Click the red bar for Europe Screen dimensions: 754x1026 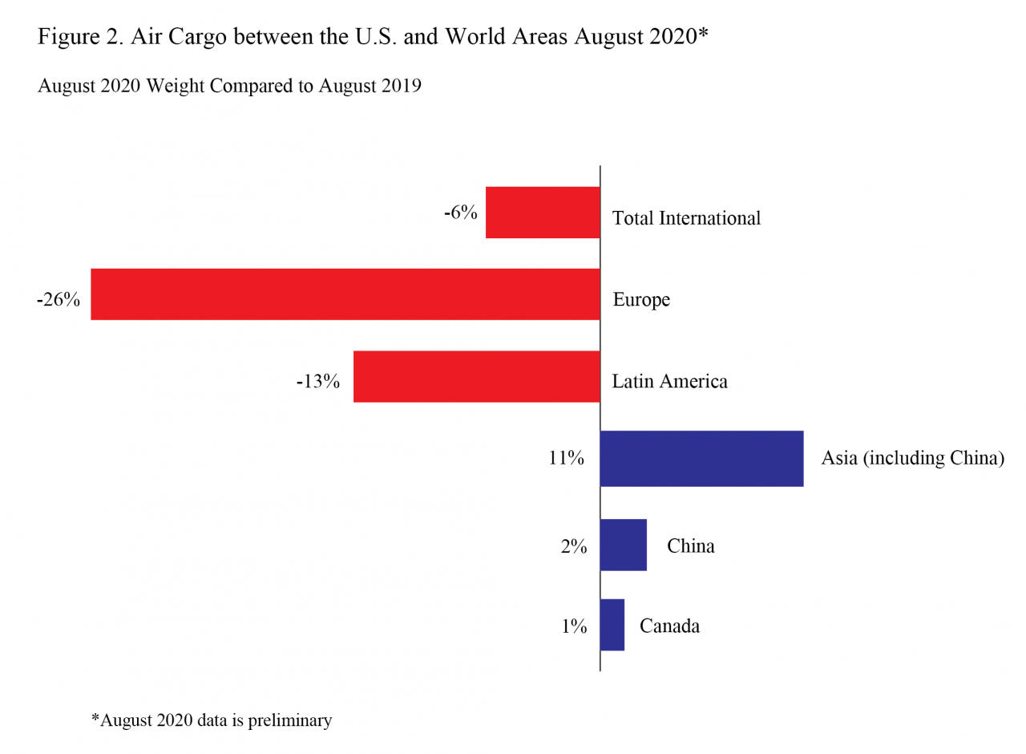(345, 294)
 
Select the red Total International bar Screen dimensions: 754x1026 (543, 213)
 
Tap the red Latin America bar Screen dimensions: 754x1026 (476, 376)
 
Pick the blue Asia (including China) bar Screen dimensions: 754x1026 (701, 458)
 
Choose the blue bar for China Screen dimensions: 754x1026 (623, 545)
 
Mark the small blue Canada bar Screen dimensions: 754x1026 (612, 624)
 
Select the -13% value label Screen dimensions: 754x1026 (318, 381)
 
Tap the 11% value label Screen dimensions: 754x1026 (566, 460)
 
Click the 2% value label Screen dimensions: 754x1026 (574, 547)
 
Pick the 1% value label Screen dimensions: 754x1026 (574, 626)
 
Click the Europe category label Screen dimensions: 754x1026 (641, 300)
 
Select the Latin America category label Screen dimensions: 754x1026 (670, 381)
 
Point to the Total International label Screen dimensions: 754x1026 (686, 217)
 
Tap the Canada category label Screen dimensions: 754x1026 (669, 626)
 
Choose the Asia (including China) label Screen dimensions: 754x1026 (912, 460)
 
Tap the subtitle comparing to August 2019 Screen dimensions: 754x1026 (229, 87)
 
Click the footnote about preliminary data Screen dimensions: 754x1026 (211, 720)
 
